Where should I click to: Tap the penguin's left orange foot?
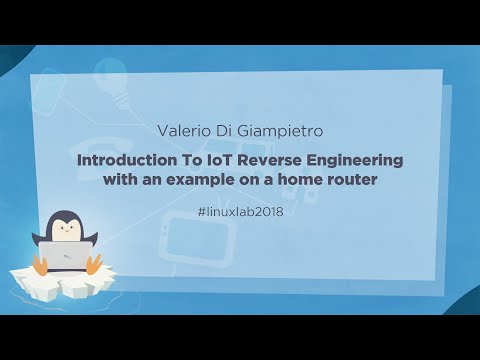coord(39,265)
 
